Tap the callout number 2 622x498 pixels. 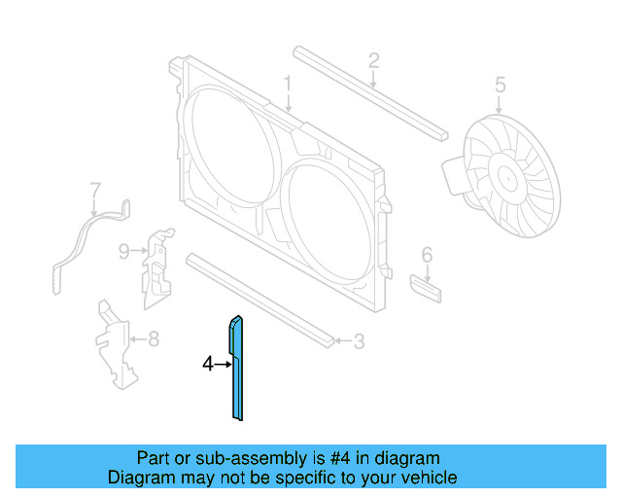coord(373,61)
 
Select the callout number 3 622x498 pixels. coord(359,341)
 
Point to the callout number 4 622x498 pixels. coord(207,364)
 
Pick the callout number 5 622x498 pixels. coord(500,85)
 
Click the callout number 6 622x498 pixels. coord(426,255)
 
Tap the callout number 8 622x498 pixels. coord(154,339)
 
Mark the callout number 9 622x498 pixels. coord(124,252)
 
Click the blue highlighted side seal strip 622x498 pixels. coord(236,379)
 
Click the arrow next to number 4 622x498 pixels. coord(222,364)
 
